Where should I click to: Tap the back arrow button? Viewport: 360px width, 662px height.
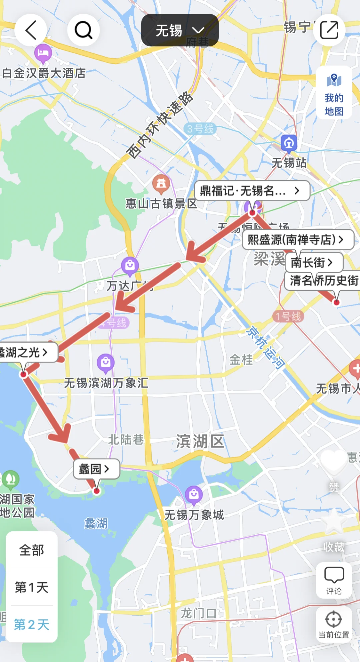tap(31, 30)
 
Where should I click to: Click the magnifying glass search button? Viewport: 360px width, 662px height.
tap(83, 30)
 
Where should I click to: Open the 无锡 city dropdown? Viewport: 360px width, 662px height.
tap(180, 30)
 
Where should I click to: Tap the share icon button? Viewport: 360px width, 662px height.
tap(329, 30)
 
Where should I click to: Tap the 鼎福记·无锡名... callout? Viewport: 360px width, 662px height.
tap(252, 191)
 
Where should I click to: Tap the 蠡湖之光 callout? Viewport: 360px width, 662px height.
tap(27, 352)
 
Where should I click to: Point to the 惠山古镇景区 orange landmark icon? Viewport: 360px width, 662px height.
tap(161, 183)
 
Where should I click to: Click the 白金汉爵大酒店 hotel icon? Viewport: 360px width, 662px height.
tap(43, 53)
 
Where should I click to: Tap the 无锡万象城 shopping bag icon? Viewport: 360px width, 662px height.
tap(194, 494)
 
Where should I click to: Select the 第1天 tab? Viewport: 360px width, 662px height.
tap(32, 587)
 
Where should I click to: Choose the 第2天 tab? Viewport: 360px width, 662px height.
tap(32, 624)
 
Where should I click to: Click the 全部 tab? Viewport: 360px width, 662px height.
tap(32, 550)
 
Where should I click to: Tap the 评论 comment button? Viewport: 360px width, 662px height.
tap(334, 580)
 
